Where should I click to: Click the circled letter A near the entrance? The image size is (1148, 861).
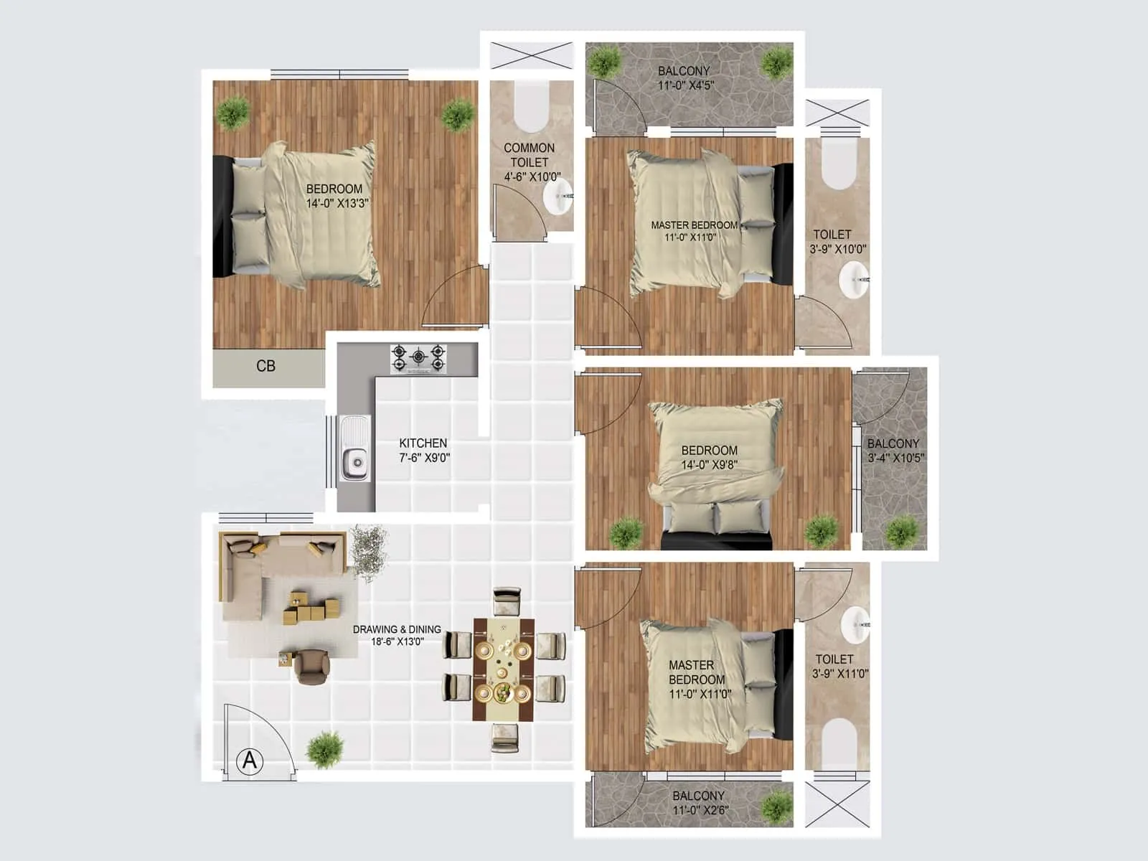tap(250, 760)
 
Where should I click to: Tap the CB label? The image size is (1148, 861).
tap(265, 366)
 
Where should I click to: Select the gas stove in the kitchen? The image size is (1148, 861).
tap(418, 359)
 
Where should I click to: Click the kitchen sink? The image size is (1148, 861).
tap(354, 448)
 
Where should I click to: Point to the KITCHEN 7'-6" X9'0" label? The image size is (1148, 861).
tap(424, 451)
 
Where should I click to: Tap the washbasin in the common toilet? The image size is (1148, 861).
tap(558, 197)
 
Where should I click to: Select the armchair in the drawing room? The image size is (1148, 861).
tap(311, 666)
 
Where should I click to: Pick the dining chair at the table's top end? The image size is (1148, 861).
tap(507, 602)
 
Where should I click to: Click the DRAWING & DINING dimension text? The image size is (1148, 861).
tap(397, 635)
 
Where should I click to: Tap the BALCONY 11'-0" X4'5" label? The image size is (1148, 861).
tap(684, 78)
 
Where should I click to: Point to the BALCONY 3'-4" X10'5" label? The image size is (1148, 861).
tap(894, 451)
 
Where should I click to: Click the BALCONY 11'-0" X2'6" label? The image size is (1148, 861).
tap(699, 803)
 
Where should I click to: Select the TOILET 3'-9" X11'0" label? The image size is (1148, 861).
tap(839, 666)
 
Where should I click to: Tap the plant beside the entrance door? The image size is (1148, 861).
tap(325, 749)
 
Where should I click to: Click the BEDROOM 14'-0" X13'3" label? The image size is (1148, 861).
tap(335, 196)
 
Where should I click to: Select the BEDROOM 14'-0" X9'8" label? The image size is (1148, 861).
tap(709, 457)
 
